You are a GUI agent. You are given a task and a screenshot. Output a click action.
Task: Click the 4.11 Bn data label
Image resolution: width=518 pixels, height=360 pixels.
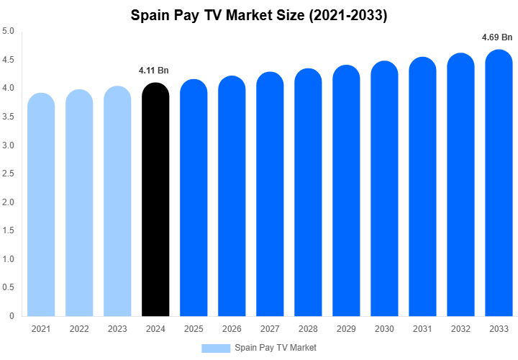coord(153,71)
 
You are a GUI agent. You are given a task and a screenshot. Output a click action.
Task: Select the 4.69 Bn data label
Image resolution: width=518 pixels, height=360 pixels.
coord(496,37)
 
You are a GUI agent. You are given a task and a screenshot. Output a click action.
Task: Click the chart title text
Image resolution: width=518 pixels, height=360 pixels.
coord(259,14)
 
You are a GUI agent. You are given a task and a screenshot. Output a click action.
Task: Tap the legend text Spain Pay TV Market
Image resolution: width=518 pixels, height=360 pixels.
coord(276,348)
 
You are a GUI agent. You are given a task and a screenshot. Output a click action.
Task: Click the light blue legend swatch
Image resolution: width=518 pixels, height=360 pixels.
coord(215,348)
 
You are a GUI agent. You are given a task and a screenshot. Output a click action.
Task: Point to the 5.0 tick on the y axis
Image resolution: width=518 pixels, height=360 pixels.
coord(8,32)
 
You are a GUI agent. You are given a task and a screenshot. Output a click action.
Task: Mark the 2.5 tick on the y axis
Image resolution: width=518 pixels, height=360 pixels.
coord(8,174)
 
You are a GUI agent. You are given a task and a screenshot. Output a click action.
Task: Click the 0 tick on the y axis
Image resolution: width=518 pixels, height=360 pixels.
coord(12,315)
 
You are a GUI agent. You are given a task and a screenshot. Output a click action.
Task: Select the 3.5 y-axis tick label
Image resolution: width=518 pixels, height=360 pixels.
coord(8,117)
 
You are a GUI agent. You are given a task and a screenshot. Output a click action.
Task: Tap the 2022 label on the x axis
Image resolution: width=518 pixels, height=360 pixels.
coord(79,328)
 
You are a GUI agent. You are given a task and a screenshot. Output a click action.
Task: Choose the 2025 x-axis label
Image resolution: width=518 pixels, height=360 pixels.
coord(194,328)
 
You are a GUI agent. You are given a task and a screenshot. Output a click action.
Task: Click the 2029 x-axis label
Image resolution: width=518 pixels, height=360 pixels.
coord(346,328)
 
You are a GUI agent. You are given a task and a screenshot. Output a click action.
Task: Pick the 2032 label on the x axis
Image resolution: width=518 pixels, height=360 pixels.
coord(460,328)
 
